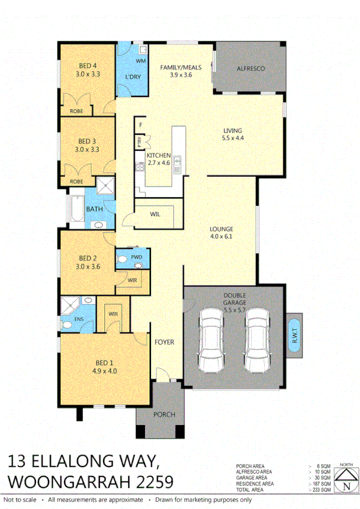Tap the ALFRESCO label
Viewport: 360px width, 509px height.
[x=250, y=69]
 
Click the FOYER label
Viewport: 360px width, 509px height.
[x=164, y=342]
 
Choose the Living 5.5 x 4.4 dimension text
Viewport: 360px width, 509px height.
[x=233, y=139]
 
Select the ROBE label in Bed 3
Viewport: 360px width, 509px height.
[x=76, y=181]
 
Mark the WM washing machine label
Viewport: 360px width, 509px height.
[x=141, y=61]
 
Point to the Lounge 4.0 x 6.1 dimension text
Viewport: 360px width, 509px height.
[x=221, y=238]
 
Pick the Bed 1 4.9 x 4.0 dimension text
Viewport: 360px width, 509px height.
[x=104, y=371]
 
